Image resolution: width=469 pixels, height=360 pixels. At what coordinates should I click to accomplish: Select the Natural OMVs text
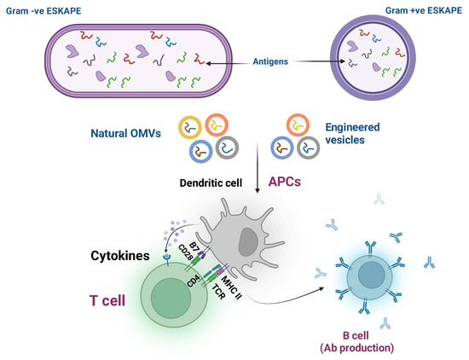tap(126, 134)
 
